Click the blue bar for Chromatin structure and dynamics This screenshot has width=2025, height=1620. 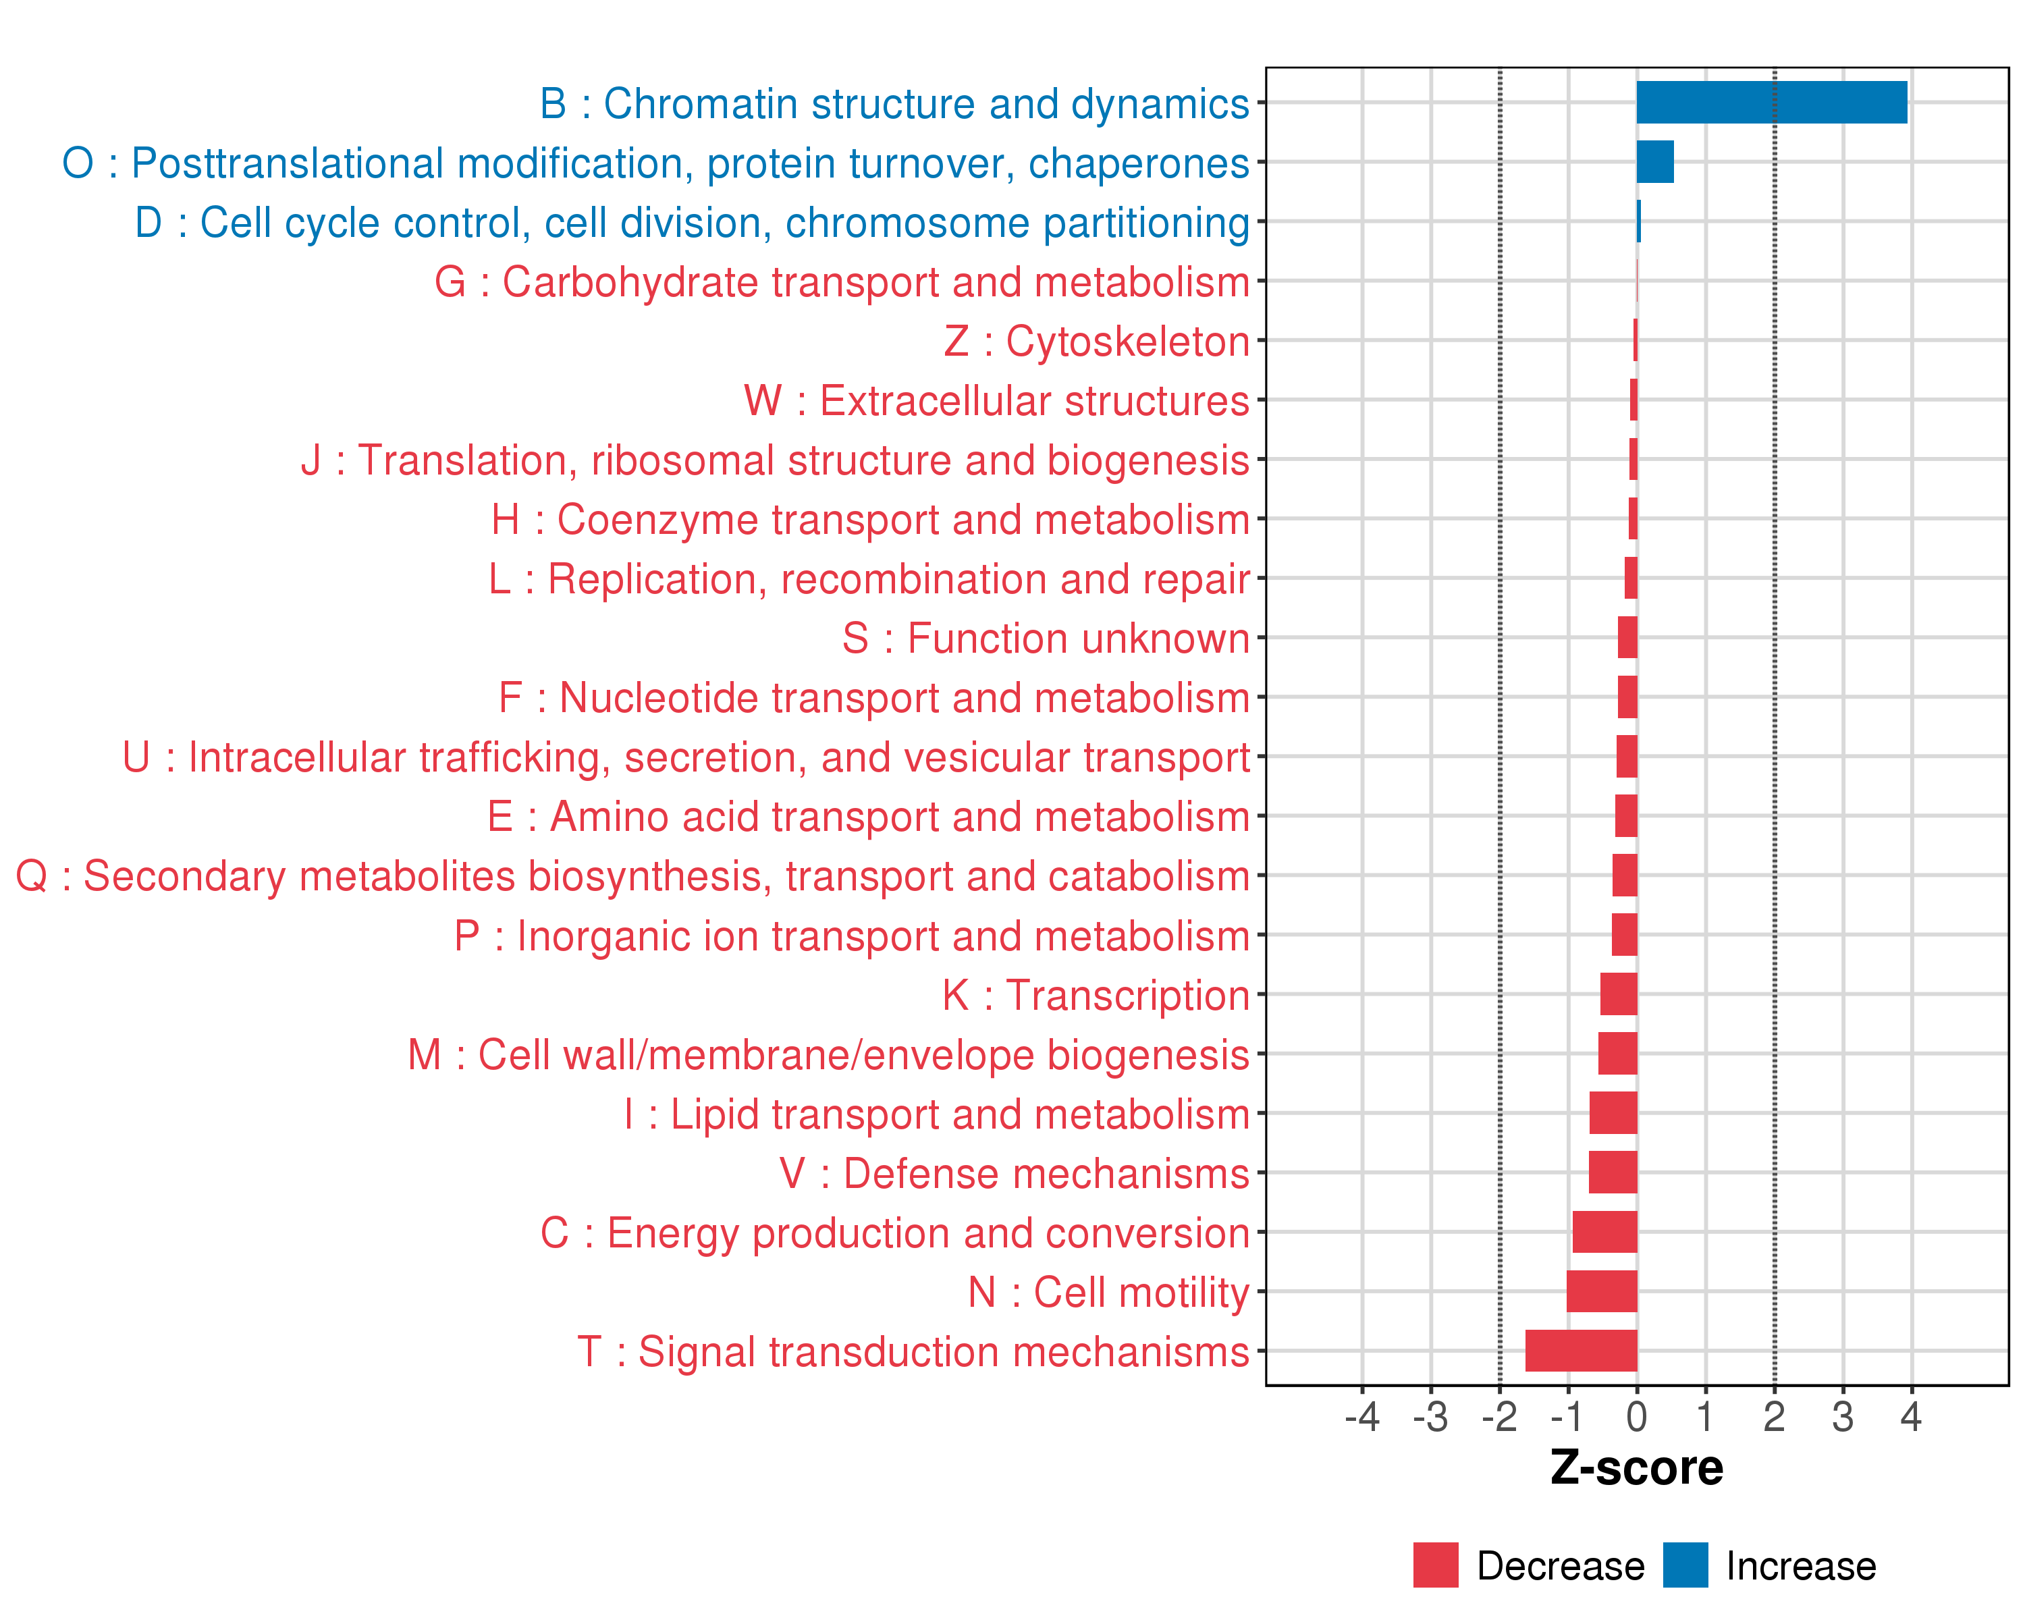[x=1771, y=103]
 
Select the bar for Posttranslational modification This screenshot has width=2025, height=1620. [x=1655, y=161]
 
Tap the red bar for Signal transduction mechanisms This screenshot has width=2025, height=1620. [x=1581, y=1351]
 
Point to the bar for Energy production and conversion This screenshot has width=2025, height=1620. [x=1604, y=1231]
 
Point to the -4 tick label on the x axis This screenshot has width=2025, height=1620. [x=1362, y=1416]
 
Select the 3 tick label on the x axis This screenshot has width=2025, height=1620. [x=1843, y=1416]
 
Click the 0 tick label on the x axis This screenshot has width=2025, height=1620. [x=1636, y=1416]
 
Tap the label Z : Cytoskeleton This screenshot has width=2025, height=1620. [x=1096, y=342]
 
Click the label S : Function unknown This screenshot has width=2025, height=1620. [x=1046, y=639]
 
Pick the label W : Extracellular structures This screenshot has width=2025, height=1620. [x=996, y=401]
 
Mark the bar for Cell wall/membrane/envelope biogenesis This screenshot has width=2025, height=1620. [x=1617, y=1053]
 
